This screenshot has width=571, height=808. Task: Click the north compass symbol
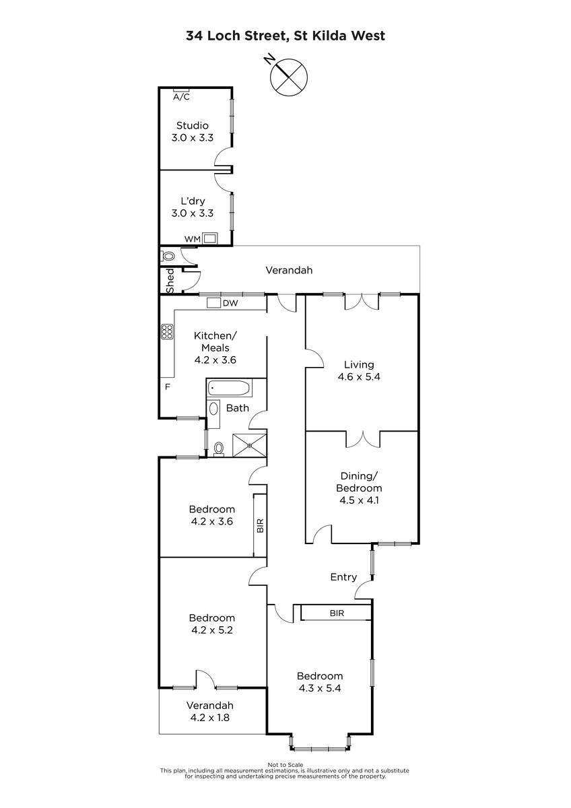click(289, 77)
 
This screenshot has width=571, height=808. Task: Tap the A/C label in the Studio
click(181, 97)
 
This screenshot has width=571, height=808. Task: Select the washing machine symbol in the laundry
click(209, 238)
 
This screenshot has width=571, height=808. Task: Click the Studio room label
click(193, 125)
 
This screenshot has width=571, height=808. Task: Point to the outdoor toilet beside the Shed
click(168, 256)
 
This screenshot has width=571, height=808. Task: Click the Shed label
click(170, 281)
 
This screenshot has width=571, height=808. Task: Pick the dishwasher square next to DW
click(213, 302)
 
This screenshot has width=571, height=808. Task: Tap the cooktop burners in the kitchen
click(167, 331)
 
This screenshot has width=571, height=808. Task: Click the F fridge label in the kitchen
click(168, 387)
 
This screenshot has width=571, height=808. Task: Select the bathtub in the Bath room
click(229, 389)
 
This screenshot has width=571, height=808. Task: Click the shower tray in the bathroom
click(250, 446)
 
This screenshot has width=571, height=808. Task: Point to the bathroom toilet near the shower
click(219, 449)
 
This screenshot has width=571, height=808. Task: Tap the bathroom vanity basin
click(213, 409)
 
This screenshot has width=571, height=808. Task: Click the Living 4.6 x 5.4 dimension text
click(359, 377)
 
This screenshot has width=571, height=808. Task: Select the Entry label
click(343, 577)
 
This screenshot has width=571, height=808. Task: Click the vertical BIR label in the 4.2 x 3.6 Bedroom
click(260, 525)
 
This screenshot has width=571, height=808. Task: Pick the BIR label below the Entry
click(337, 613)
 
